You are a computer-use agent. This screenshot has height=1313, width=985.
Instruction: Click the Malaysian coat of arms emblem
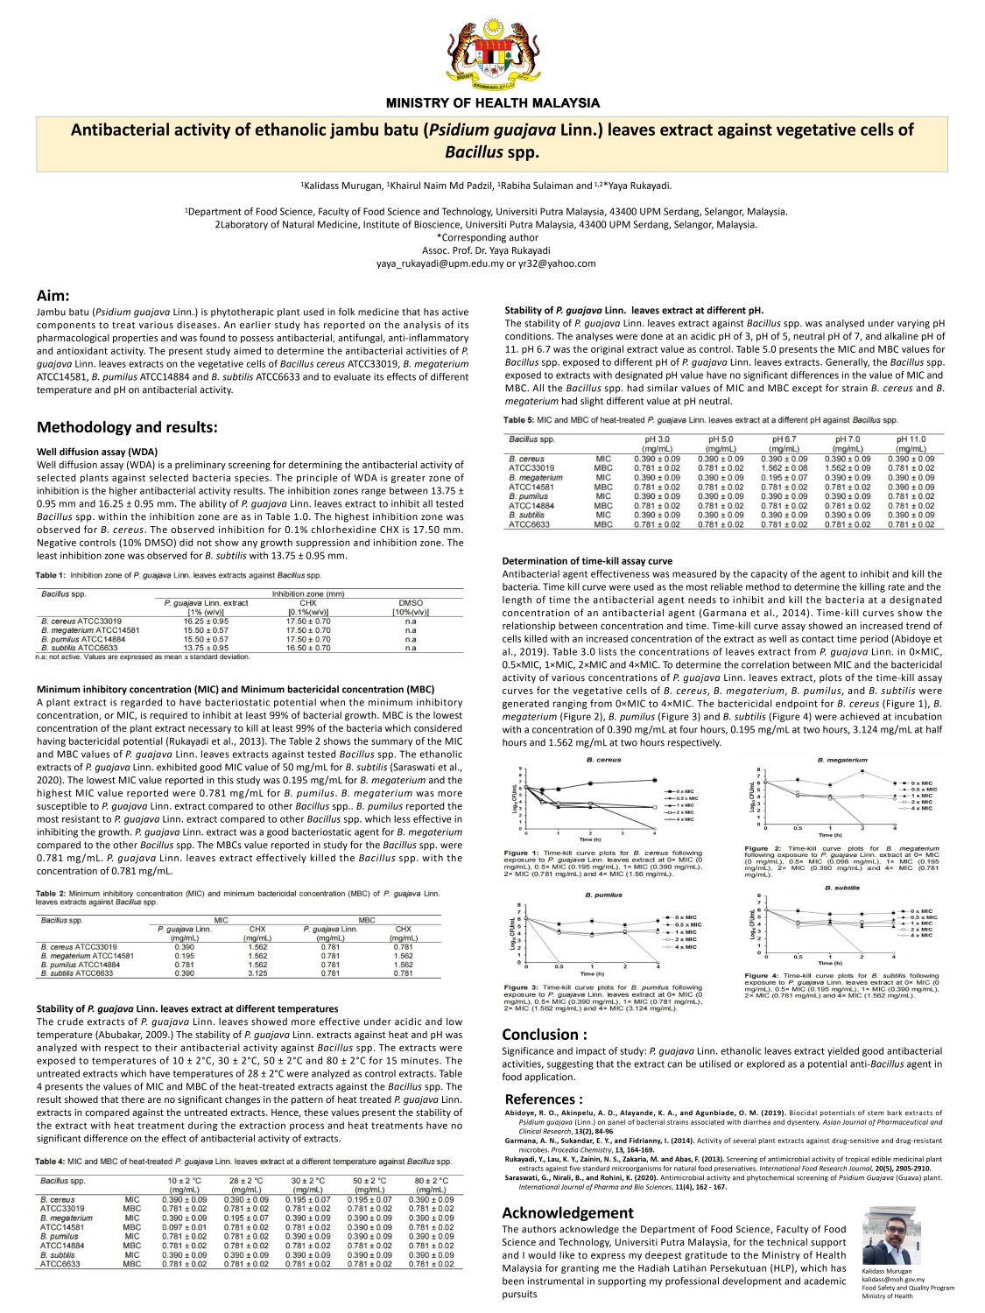(x=492, y=53)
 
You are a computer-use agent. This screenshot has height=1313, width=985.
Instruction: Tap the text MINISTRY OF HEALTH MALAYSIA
(x=493, y=103)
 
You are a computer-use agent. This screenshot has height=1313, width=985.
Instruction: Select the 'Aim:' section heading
(x=53, y=296)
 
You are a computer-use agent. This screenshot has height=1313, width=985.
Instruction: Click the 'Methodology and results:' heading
(x=127, y=427)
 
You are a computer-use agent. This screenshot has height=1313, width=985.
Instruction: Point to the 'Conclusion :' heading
(x=545, y=1034)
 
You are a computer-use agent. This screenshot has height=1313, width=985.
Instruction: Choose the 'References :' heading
(x=544, y=1099)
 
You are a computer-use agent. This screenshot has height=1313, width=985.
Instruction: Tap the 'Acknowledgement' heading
(x=567, y=1212)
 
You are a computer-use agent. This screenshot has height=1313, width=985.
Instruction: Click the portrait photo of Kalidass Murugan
(x=890, y=1235)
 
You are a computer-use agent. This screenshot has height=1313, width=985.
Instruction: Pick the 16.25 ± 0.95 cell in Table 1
(x=206, y=621)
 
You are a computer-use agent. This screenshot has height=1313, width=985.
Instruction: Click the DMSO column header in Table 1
(x=410, y=603)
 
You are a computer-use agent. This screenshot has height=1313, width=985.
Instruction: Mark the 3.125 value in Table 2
(x=257, y=972)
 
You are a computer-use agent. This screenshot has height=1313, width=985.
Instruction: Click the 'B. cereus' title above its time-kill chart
(x=603, y=760)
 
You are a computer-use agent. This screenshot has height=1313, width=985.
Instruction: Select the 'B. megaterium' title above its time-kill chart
(x=842, y=760)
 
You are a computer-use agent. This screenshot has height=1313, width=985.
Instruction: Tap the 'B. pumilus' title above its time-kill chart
(x=603, y=895)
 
